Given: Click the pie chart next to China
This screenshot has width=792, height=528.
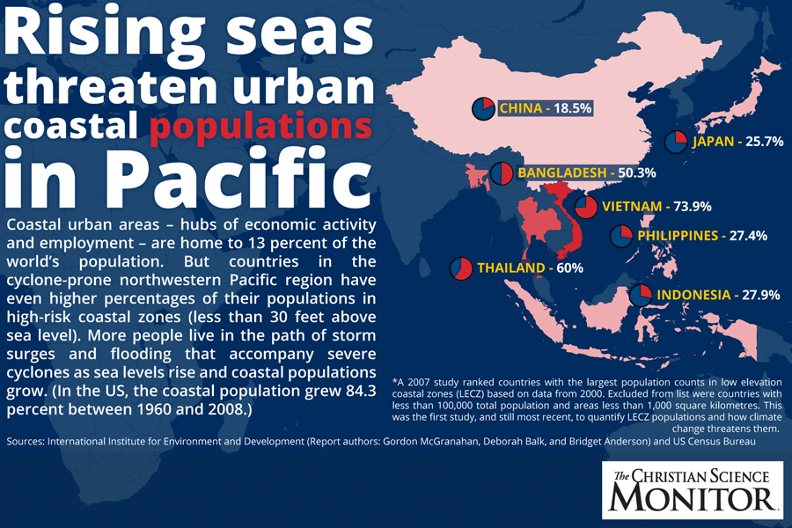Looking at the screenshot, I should tap(483, 108).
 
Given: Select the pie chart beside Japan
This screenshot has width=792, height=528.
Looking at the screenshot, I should tap(675, 142).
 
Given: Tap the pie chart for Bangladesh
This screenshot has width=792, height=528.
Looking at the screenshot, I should tap(502, 173).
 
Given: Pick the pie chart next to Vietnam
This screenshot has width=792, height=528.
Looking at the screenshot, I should tap(586, 207).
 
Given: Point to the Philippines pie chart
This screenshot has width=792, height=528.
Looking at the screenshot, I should tap(621, 236).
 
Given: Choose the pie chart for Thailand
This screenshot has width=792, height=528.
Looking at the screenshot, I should tap(461, 268).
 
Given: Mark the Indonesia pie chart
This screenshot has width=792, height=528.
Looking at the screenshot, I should tap(642, 295).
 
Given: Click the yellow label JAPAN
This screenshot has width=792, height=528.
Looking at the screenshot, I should tap(714, 142).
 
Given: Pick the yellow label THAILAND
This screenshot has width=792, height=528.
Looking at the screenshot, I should tap(510, 268).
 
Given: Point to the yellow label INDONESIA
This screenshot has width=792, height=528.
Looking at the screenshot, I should tap(693, 295).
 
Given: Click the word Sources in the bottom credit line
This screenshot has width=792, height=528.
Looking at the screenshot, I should tap(29, 440).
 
